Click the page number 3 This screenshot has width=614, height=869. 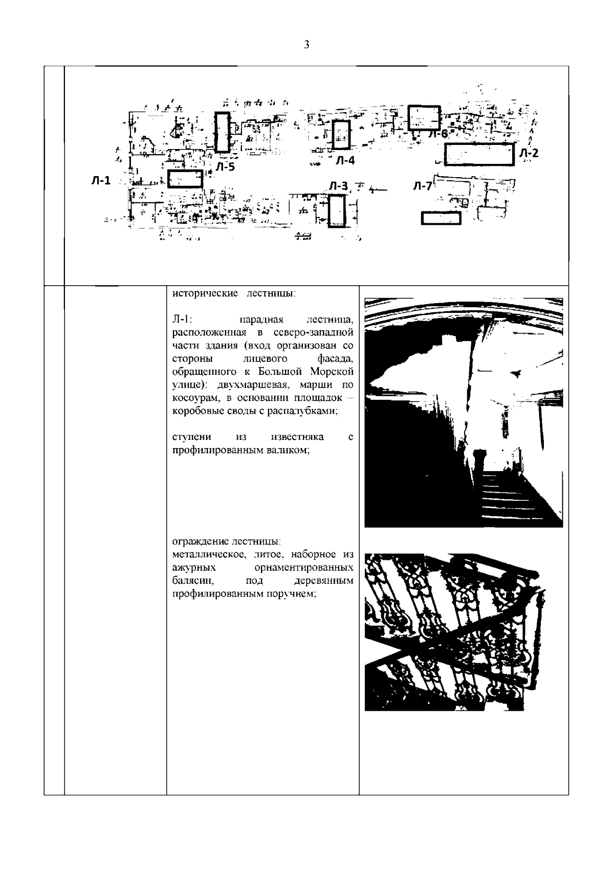[306, 45]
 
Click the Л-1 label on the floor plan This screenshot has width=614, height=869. [101, 180]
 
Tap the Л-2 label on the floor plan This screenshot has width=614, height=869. [529, 153]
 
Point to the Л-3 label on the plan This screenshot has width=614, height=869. [338, 186]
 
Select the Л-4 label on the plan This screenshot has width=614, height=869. [345, 160]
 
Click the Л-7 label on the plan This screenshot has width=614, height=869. [422, 186]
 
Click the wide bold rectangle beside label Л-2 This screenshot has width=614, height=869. [478, 154]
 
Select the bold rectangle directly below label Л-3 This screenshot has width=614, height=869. [337, 211]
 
